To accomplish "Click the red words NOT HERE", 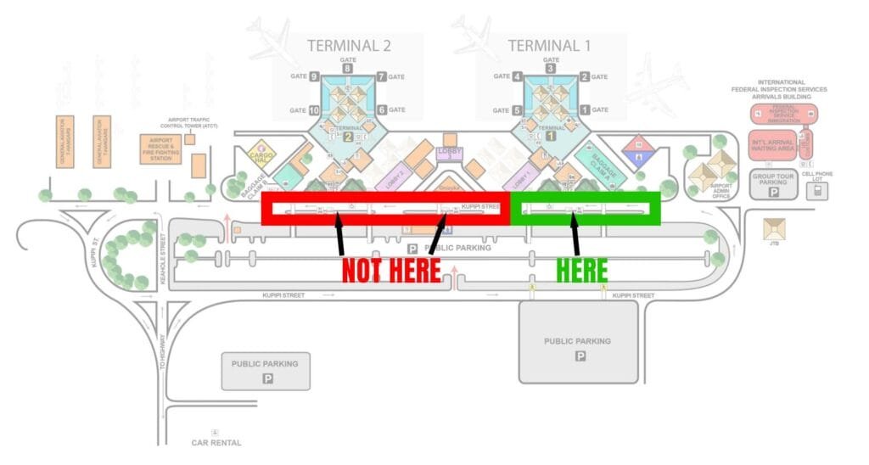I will [x=391, y=271].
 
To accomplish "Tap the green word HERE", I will [x=581, y=271].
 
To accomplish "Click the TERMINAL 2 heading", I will [x=349, y=46].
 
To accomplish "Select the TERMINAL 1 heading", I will [x=549, y=46].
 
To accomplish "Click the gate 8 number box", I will [x=347, y=69].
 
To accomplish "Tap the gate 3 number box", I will [x=551, y=69].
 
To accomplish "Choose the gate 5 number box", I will [x=516, y=110].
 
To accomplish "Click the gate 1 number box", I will [x=585, y=110].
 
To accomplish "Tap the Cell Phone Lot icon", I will [x=818, y=191].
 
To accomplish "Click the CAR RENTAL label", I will [x=216, y=442].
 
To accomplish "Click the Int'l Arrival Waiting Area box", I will [x=772, y=143].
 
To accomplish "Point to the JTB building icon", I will [x=774, y=230].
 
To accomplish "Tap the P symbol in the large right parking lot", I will [x=580, y=356].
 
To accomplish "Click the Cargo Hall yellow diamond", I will [x=262, y=156].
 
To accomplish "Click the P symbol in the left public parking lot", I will [x=266, y=379].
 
